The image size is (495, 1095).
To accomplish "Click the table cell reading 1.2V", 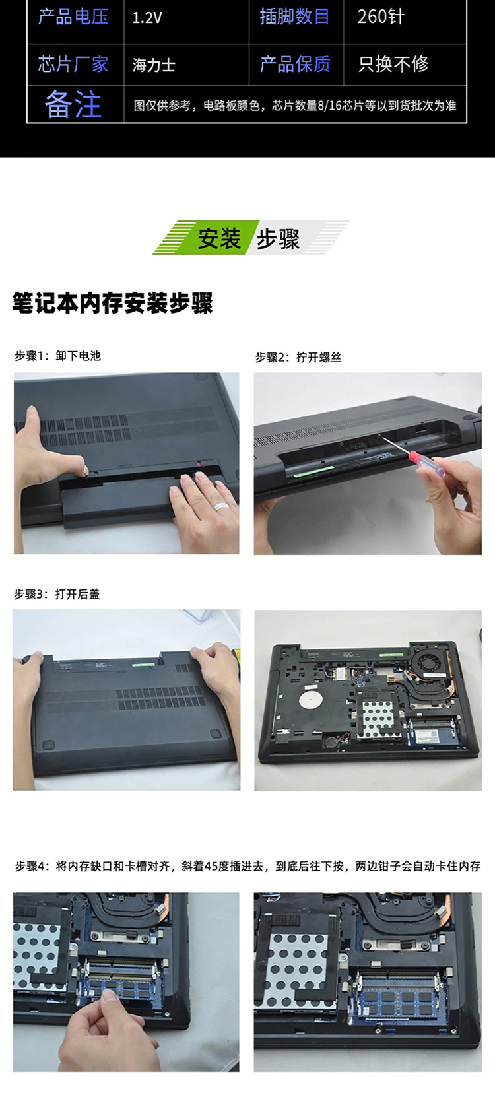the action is click(x=147, y=18).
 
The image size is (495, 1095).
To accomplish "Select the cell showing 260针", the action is click(x=381, y=17).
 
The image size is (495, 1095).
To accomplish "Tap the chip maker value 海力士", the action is click(x=154, y=65).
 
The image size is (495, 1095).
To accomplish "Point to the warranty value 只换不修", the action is click(x=393, y=64).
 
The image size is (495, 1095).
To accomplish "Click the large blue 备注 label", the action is click(x=73, y=104).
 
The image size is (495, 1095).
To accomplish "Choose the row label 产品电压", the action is click(x=73, y=17).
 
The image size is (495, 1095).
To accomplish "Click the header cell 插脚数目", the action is click(x=294, y=17).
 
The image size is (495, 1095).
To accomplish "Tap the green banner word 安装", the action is click(x=219, y=238).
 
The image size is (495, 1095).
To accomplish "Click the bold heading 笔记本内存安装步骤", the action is click(x=112, y=303).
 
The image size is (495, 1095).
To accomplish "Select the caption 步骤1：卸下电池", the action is click(x=57, y=356).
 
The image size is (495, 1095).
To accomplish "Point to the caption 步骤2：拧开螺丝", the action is click(x=298, y=357).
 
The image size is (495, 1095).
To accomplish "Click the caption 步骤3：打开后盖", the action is click(x=57, y=595).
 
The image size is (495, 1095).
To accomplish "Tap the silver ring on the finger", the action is click(x=221, y=507).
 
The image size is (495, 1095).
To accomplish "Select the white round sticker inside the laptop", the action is click(x=312, y=694).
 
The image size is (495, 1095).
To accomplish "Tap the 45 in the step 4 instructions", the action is click(x=211, y=866).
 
